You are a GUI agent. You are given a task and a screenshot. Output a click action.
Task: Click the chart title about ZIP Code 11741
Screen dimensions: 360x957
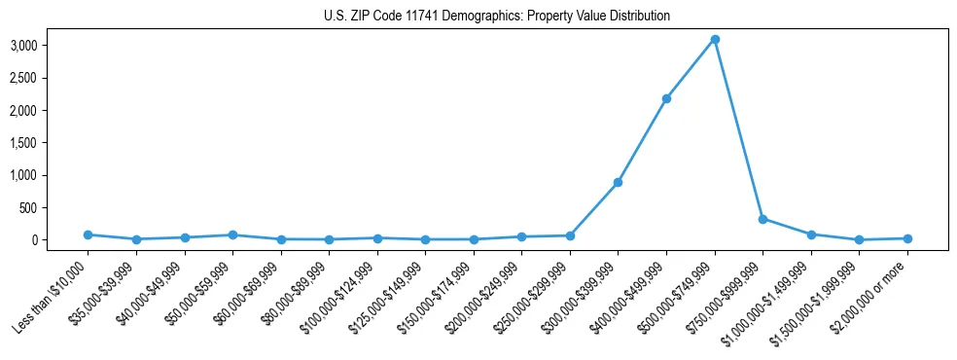[x=497, y=16]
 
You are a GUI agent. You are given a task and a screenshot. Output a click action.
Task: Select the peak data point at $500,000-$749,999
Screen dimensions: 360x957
[x=715, y=39]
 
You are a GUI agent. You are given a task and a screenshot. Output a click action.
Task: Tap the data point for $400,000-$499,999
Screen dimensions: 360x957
[x=666, y=98]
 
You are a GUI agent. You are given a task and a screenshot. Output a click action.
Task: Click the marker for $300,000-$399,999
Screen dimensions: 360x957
[x=618, y=182]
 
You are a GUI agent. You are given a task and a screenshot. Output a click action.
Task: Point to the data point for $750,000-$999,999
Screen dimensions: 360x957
[x=762, y=219]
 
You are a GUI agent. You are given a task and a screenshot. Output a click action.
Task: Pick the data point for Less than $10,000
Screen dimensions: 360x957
[x=88, y=234]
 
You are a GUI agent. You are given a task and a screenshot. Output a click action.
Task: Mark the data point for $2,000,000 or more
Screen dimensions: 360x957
[x=907, y=238]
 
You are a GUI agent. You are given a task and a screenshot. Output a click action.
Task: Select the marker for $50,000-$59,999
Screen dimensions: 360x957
[x=232, y=234]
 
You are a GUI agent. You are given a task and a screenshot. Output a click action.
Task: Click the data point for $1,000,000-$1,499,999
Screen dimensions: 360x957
[x=811, y=234]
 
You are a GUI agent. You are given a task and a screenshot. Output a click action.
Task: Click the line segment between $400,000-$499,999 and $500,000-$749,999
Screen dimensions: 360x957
[x=691, y=68]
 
